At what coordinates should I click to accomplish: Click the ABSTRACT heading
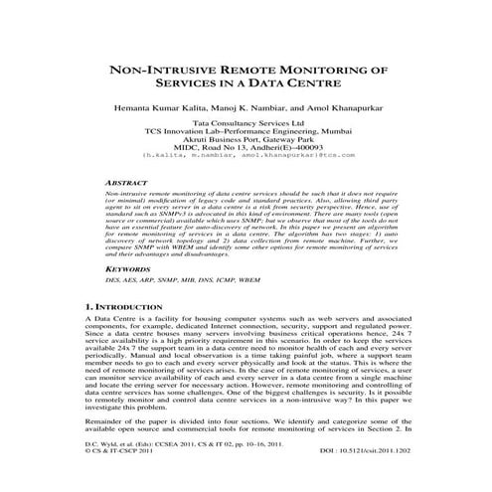[x=126, y=186]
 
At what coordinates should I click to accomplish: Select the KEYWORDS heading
[x=127, y=268]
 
